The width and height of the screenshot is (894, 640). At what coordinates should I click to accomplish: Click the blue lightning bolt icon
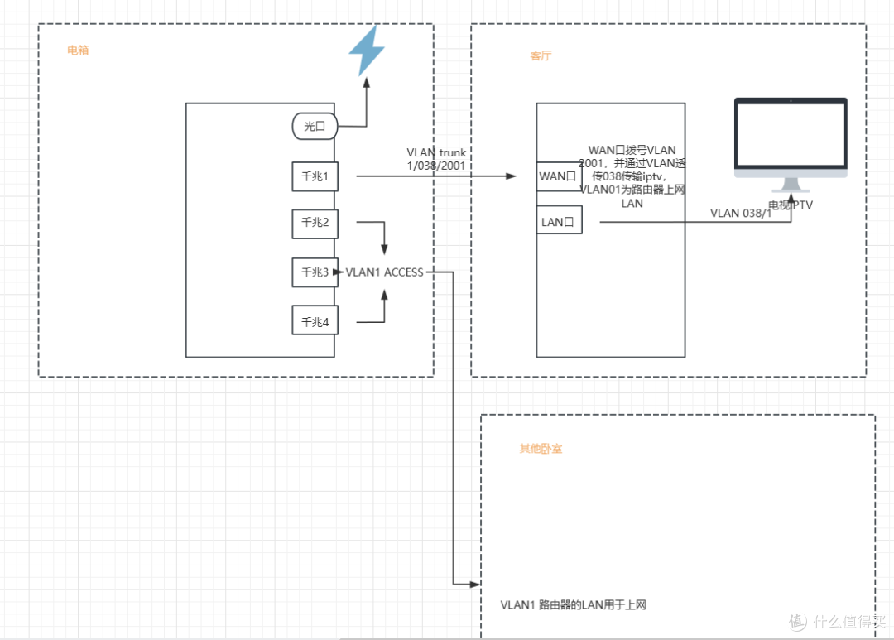pos(366,51)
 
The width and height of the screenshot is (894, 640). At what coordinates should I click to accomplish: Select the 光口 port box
pos(315,127)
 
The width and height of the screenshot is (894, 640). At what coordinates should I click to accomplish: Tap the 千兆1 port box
pos(315,176)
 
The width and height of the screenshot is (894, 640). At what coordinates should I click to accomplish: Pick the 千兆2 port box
pos(315,224)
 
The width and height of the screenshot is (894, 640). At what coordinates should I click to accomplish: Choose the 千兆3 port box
pos(315,272)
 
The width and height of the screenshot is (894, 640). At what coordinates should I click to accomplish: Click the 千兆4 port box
pos(315,320)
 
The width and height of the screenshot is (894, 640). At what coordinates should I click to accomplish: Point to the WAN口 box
pos(559,176)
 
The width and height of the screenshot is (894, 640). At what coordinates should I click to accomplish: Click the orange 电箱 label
pos(78,51)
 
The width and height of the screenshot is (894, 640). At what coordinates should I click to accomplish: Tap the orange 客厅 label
pos(541,56)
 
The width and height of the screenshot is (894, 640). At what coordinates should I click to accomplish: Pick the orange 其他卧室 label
pos(541,449)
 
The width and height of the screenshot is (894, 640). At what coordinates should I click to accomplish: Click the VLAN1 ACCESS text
pos(384,272)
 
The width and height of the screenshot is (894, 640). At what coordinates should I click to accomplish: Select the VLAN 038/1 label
pos(741,214)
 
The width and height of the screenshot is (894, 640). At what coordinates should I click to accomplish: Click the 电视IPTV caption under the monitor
pos(791,205)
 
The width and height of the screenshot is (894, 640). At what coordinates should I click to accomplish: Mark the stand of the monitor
pos(791,186)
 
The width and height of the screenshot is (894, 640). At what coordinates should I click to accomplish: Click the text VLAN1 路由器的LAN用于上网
pos(573,605)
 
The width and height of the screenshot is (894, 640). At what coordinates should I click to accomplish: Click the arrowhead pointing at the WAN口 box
pos(511,176)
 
